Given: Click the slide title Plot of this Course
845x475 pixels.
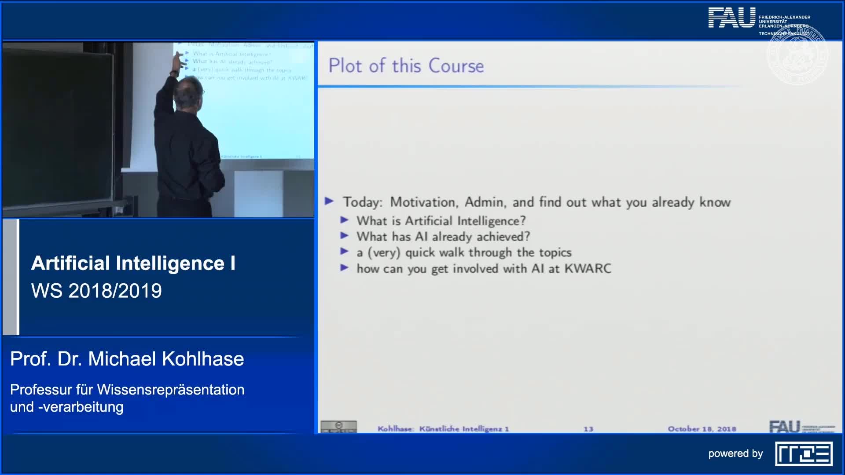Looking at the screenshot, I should point(406,66).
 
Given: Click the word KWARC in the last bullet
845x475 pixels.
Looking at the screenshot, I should point(588,268).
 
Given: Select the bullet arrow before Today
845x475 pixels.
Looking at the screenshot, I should point(329,201).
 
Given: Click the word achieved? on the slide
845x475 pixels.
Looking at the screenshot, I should point(503,237).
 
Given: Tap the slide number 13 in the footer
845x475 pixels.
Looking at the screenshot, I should point(588,429).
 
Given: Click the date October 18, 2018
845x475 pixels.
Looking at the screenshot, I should point(702,429).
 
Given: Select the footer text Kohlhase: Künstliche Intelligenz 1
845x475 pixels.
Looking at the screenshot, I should point(443,429).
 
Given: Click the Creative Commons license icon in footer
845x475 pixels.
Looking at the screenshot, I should point(338,426).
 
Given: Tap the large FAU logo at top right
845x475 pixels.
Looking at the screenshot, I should point(731,18).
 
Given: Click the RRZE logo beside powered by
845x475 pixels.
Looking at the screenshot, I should point(803,454).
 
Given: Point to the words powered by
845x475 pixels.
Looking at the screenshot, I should point(735,453).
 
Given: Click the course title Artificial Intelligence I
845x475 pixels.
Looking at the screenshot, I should point(133,263).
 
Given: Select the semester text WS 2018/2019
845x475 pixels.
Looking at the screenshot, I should point(96,291).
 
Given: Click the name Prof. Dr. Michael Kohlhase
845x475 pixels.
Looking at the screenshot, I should point(127,359).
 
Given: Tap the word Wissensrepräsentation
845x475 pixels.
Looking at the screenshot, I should point(170,390).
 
